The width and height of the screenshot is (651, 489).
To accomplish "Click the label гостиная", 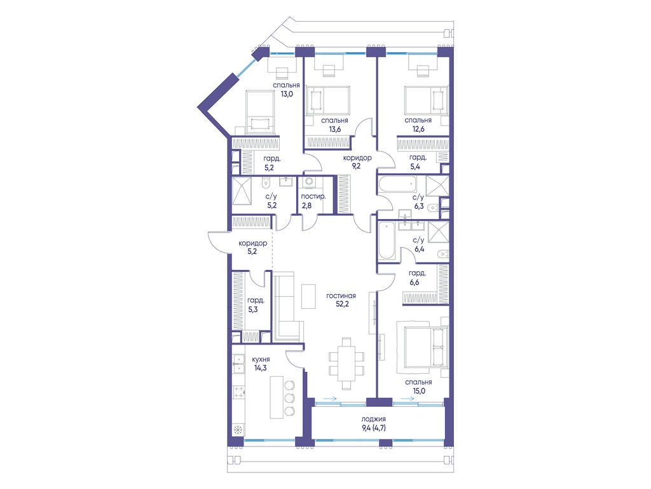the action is (x=341, y=295).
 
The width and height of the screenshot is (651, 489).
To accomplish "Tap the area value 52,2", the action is (x=342, y=304).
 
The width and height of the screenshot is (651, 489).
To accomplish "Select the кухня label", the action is (x=261, y=359).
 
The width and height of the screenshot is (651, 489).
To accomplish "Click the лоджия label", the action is (x=373, y=419).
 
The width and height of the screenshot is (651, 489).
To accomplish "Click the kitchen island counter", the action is (x=277, y=397).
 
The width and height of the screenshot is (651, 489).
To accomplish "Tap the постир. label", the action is (x=313, y=196).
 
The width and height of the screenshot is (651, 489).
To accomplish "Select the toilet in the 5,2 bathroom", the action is (x=265, y=182).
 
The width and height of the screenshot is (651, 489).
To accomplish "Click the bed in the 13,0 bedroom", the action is (x=260, y=112).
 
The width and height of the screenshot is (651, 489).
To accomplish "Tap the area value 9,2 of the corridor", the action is (x=357, y=166).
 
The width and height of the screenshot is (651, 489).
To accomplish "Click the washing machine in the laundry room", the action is (x=310, y=183).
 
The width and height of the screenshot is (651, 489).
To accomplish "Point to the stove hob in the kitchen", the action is (x=239, y=392).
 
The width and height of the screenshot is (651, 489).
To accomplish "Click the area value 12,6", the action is (x=418, y=129).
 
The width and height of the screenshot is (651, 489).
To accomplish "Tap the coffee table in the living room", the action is (x=308, y=296).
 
